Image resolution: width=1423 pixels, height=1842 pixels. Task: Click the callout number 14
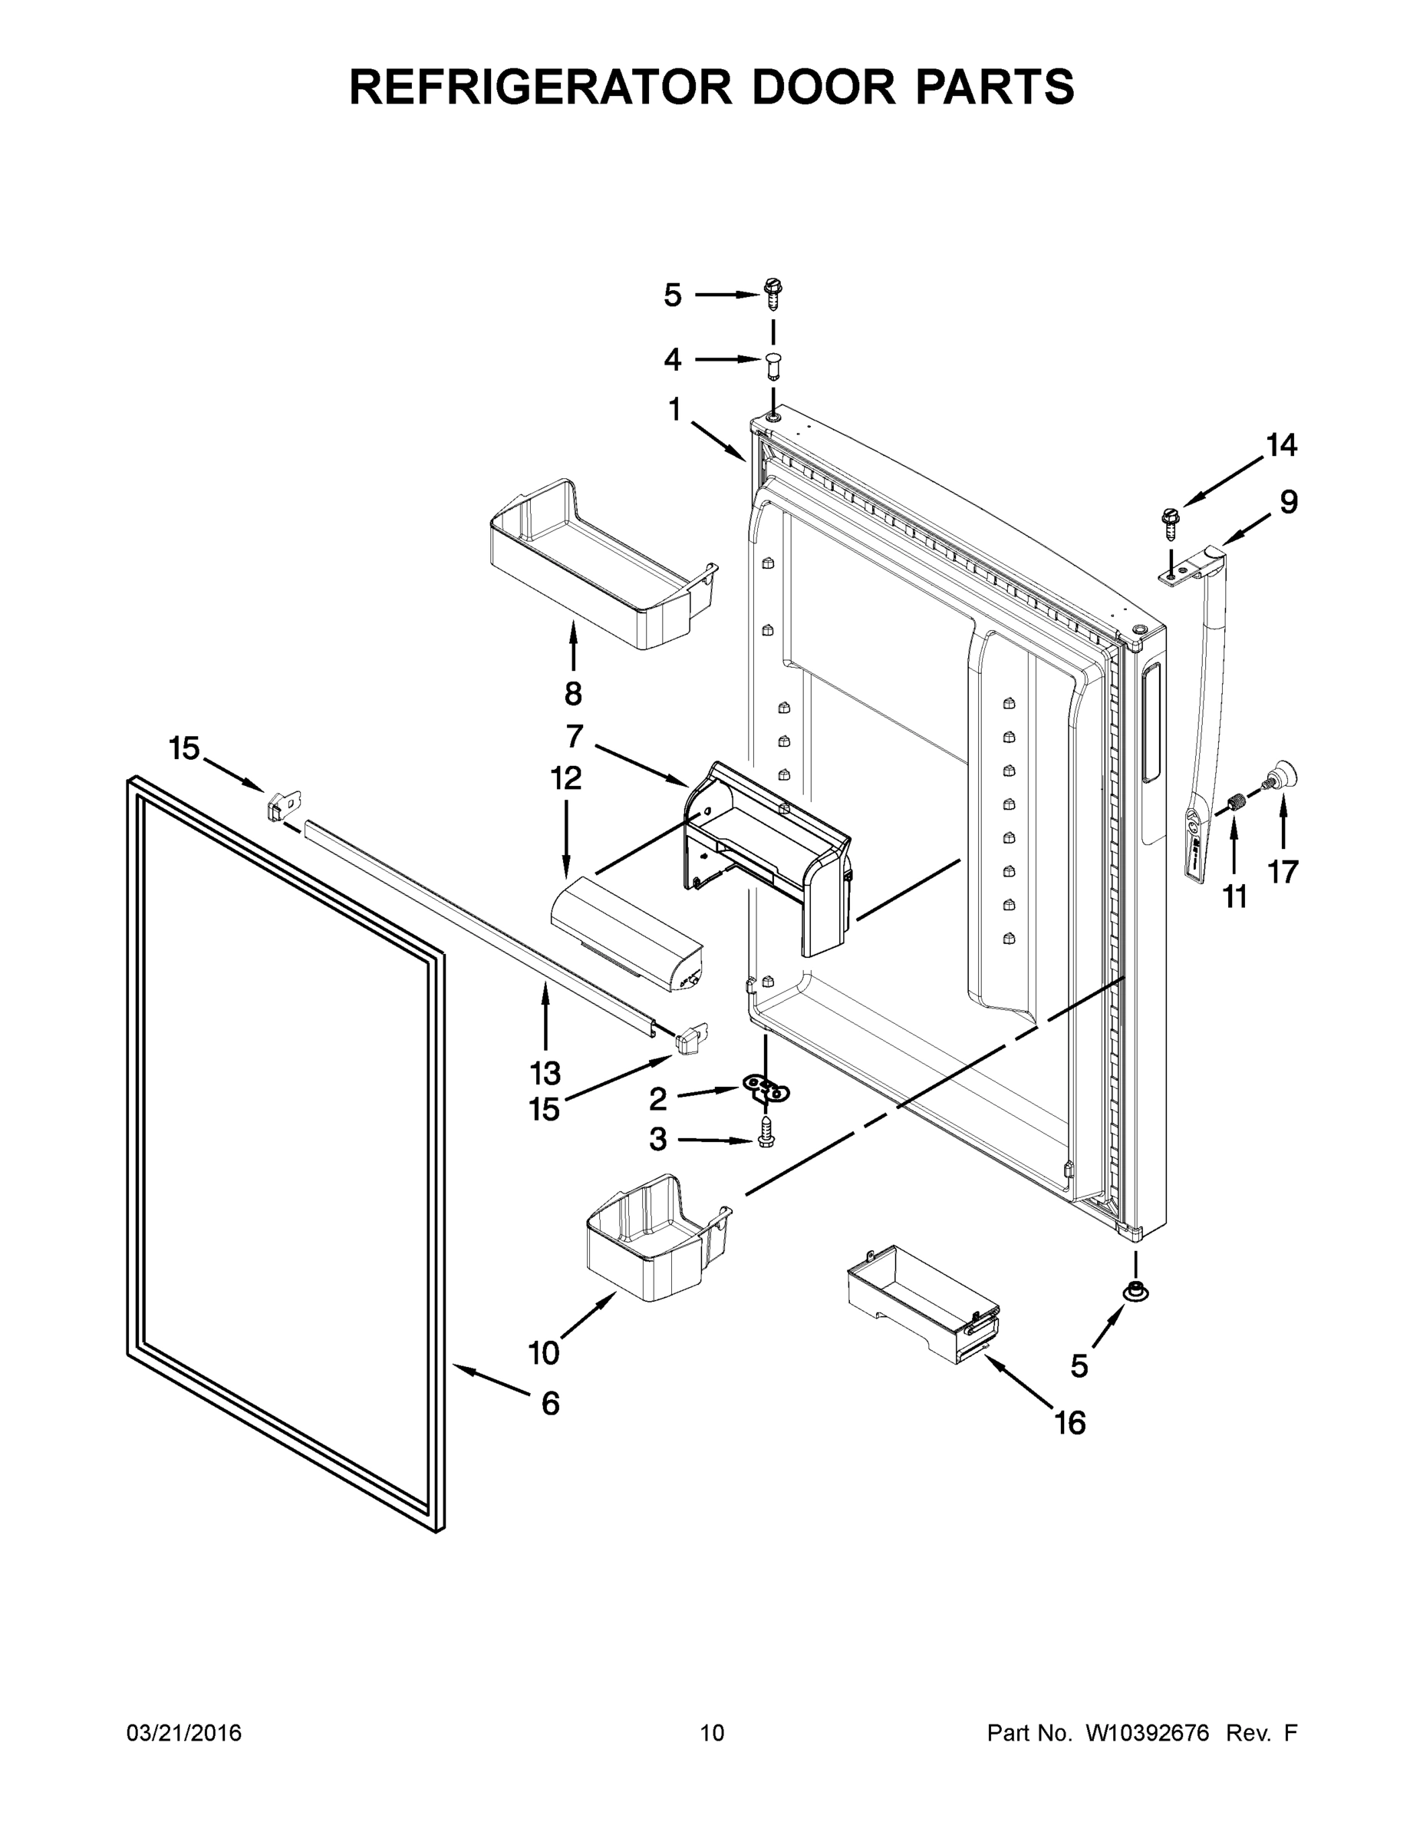click(x=1281, y=444)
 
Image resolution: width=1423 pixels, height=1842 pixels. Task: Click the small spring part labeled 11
click(x=1236, y=803)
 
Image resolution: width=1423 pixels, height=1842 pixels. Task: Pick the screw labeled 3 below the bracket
click(x=767, y=1132)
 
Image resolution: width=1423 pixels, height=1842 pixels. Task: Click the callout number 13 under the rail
click(x=545, y=1074)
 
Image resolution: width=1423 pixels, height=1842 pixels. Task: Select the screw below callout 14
click(x=1170, y=523)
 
